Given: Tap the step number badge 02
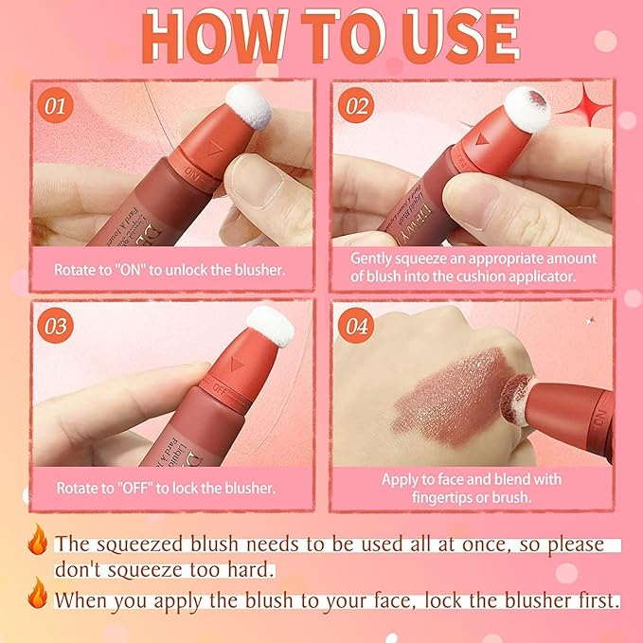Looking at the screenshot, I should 356,105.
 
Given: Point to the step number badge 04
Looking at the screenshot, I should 356,327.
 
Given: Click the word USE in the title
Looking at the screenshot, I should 444,38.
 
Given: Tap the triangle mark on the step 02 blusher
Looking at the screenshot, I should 481,138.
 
